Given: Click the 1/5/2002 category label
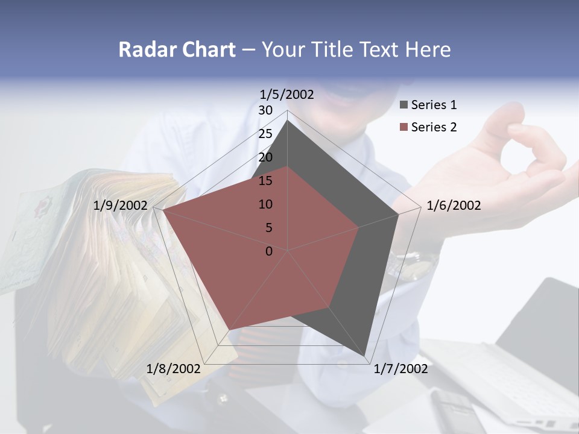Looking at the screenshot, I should (287, 95).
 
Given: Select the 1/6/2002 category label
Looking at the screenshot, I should (454, 206).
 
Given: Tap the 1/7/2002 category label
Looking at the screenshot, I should (400, 369).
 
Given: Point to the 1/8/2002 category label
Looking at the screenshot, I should (174, 369).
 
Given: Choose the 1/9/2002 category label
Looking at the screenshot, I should (121, 206).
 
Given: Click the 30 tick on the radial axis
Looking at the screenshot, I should (265, 110).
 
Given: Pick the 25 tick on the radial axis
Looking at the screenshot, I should (265, 134).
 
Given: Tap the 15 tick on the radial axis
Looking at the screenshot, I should (265, 181).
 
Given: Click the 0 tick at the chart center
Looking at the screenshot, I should (269, 251).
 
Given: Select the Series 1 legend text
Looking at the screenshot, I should (434, 105).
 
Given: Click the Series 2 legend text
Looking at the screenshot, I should (434, 127).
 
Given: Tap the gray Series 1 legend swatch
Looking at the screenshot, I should (403, 105).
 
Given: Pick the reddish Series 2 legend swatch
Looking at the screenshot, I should (403, 127).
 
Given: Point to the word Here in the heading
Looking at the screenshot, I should (428, 49).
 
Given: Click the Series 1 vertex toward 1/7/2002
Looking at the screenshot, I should (365, 356).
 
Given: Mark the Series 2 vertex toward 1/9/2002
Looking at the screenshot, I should (162, 210).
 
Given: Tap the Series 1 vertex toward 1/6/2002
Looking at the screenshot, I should (399, 214).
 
